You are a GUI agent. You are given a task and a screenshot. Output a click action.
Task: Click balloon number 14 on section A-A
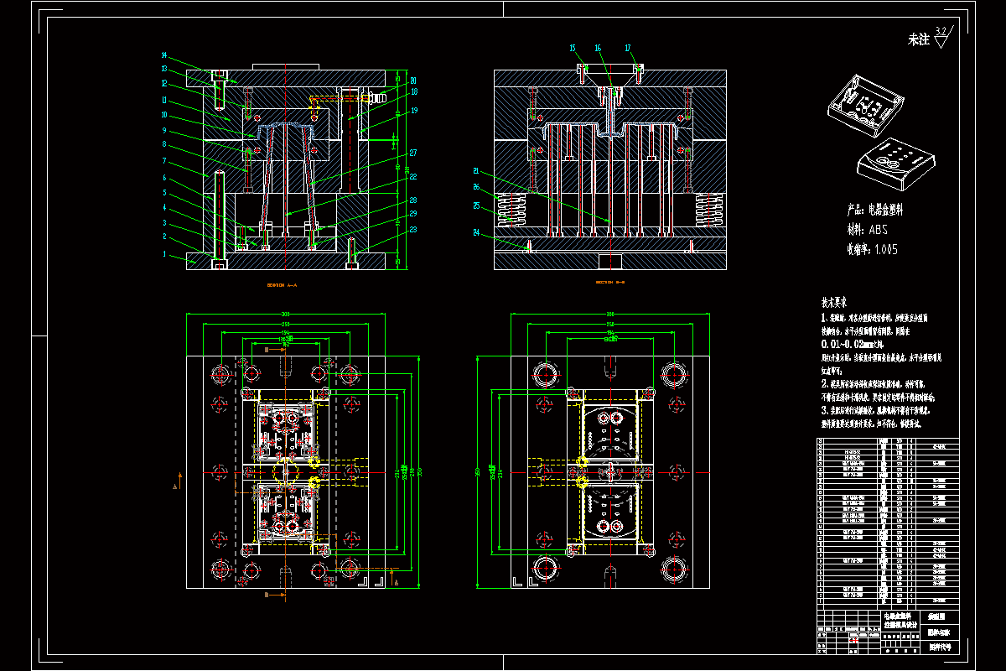click(x=164, y=55)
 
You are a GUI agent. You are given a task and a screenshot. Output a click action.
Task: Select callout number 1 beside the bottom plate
click(x=164, y=253)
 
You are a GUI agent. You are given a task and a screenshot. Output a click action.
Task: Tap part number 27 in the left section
click(x=413, y=153)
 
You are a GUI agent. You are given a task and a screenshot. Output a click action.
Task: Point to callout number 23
click(x=413, y=229)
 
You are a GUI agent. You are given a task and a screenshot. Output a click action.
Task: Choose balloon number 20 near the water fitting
click(x=413, y=81)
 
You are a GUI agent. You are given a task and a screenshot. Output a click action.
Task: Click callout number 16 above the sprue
click(x=599, y=48)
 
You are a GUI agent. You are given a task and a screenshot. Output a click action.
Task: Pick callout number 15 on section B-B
click(x=573, y=48)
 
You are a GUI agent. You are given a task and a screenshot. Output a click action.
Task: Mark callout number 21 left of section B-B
click(x=475, y=170)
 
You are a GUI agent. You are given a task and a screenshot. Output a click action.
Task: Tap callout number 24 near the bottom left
click(x=475, y=232)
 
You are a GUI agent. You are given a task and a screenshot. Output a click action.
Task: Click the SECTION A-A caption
click(x=282, y=285)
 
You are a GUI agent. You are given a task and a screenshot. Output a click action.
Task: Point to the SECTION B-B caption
click(x=610, y=283)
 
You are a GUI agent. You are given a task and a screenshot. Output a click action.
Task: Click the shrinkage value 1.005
click(x=885, y=249)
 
